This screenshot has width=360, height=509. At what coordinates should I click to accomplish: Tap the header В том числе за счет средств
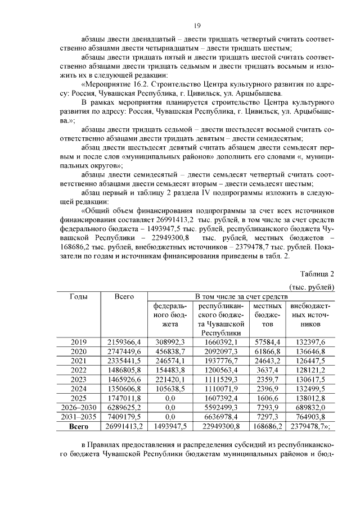coord(241,296)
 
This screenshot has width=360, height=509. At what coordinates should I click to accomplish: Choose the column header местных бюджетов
coord(267,315)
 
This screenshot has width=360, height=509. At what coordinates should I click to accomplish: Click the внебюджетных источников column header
coord(309,315)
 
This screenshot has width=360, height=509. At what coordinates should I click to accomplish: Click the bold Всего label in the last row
coord(79,426)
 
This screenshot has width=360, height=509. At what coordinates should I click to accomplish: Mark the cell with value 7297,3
coord(267,416)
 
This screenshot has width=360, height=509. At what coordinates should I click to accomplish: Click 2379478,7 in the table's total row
coord(310,426)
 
